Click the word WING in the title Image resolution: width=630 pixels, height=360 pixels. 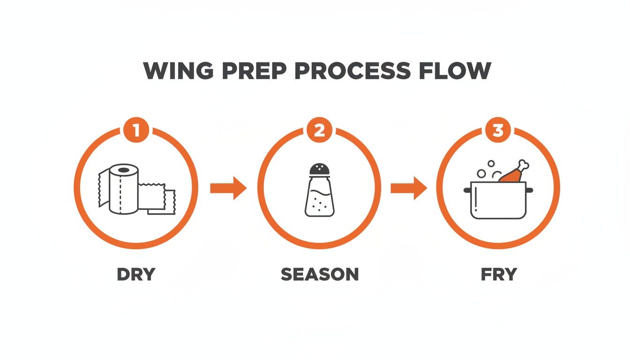click(x=174, y=71)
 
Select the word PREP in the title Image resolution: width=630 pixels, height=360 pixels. click(x=245, y=71)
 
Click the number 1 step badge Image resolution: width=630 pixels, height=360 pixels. click(x=136, y=131)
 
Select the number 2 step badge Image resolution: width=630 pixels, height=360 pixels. click(x=319, y=131)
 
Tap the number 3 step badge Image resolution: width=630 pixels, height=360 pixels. click(x=498, y=131)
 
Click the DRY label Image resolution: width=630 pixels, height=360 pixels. click(x=136, y=274)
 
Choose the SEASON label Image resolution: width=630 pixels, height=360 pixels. click(x=320, y=274)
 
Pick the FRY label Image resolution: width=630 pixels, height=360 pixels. click(x=499, y=274)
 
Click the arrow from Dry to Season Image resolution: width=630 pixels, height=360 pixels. click(x=228, y=188)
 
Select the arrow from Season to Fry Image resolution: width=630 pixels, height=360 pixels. click(x=409, y=188)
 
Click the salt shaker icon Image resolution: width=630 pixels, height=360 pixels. click(x=319, y=190)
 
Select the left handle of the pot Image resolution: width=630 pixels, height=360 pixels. click(x=467, y=190)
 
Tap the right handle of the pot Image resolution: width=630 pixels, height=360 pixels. click(x=529, y=190)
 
